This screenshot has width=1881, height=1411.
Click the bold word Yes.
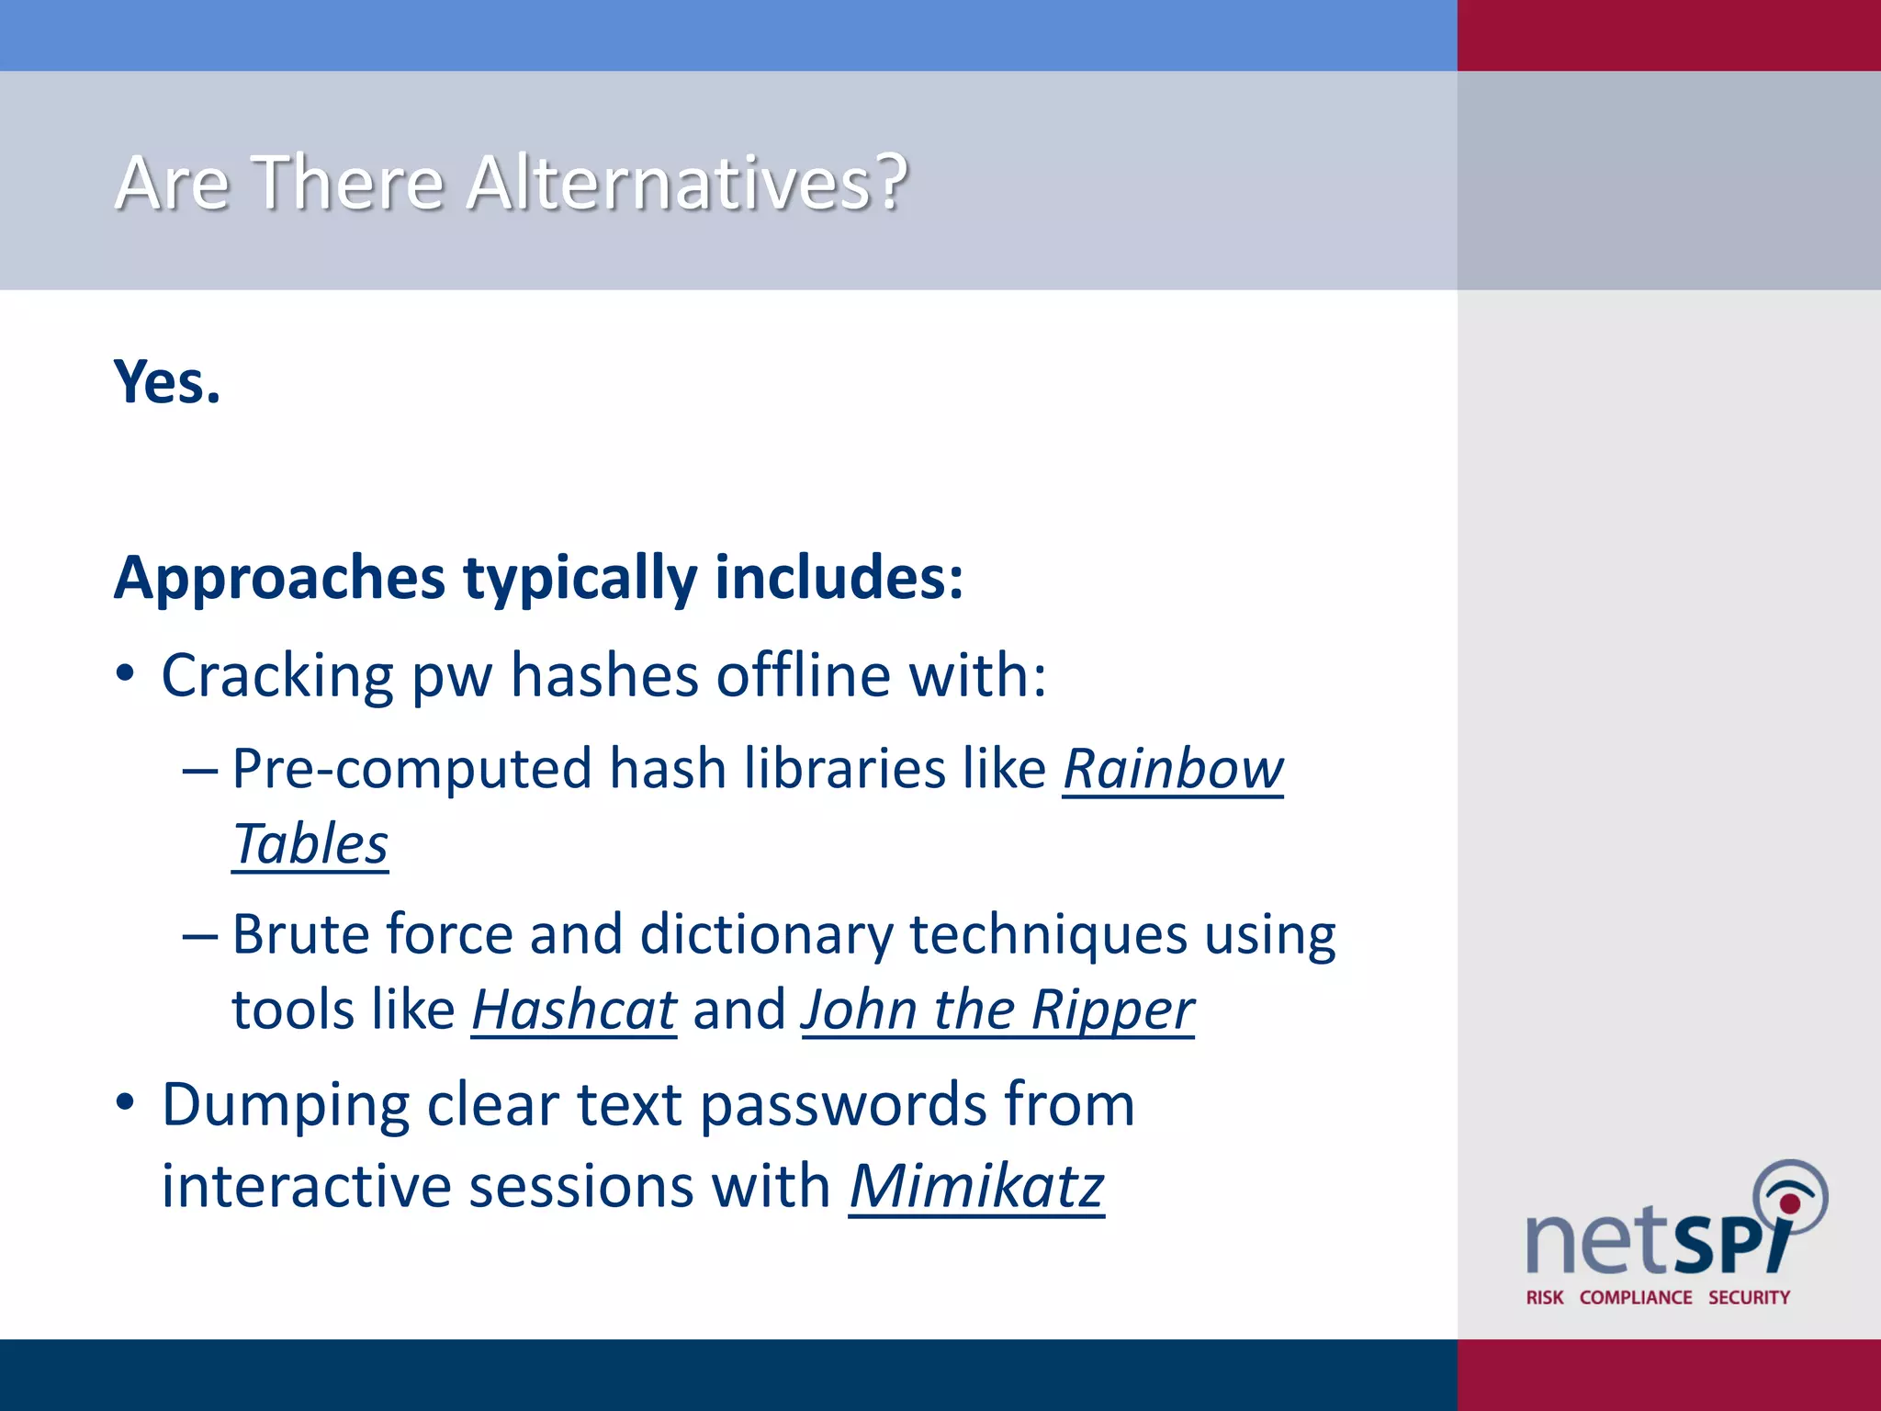pos(167,382)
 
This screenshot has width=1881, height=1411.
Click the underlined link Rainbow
pos(1173,769)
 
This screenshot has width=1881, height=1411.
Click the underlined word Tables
pos(310,844)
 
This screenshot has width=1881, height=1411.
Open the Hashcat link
pos(574,1010)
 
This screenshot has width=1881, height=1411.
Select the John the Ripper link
pos(997,1010)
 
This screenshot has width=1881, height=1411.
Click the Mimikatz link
pos(976,1186)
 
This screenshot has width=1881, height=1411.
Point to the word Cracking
pos(277,676)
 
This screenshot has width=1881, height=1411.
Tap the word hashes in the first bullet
pos(604,676)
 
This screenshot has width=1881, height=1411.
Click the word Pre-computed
pos(411,769)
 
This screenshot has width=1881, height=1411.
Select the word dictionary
pos(766,935)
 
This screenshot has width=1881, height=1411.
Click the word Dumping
pos(285,1105)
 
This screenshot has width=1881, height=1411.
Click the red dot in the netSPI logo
pos(1789,1203)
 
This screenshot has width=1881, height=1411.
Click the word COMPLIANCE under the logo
pos(1636,1297)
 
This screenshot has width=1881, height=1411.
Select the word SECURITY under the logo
pos(1749,1297)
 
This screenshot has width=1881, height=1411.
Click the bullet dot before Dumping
pos(126,1101)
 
